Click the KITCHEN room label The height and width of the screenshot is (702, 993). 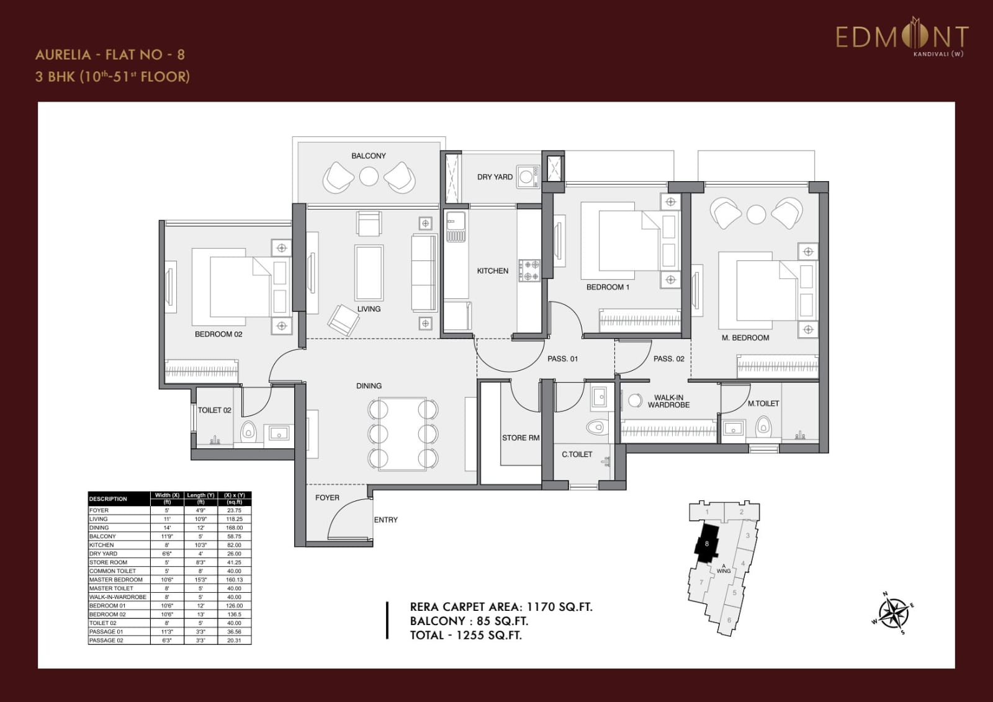[x=492, y=271]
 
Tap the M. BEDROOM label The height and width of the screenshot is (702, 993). [x=745, y=338]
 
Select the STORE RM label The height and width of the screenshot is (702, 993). [x=520, y=438]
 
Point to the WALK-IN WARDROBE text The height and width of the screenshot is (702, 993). [x=668, y=401]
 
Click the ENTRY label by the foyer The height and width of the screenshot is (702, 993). [x=385, y=520]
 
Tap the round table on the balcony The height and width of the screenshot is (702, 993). [x=369, y=177]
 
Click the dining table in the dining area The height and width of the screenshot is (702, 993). [x=403, y=434]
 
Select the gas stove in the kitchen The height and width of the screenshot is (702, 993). [x=529, y=271]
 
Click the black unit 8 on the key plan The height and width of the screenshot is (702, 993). [x=706, y=544]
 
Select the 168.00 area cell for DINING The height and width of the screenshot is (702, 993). [x=234, y=528]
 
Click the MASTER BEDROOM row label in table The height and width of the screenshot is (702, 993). [x=116, y=580]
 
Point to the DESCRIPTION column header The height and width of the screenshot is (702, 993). [x=108, y=499]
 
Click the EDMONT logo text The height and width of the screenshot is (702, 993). [x=901, y=37]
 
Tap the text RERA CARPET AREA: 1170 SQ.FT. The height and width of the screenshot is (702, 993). [x=501, y=607]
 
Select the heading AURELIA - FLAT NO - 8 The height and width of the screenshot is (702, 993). [x=110, y=55]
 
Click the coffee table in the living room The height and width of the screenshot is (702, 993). [x=369, y=273]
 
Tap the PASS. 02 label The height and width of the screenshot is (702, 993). [x=668, y=359]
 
